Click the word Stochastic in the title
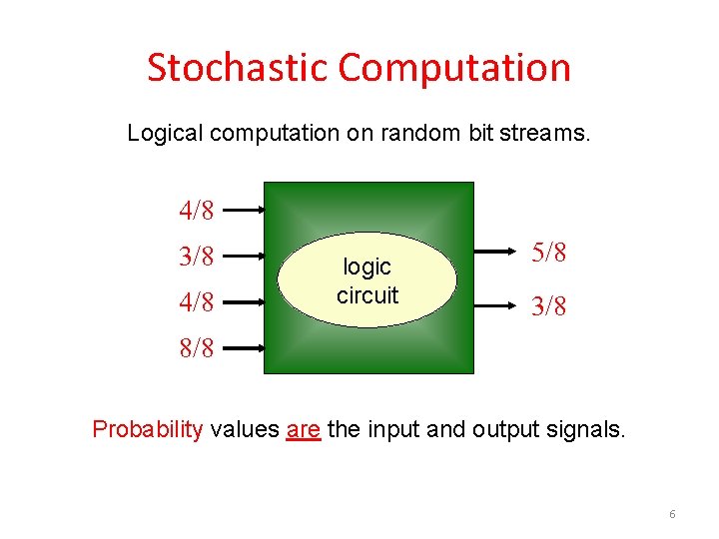[237, 68]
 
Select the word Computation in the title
[454, 68]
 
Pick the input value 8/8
[196, 349]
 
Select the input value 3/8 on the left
[196, 257]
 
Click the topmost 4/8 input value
[196, 211]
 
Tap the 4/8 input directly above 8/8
[196, 301]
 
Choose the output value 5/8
[548, 254]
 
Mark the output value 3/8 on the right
[548, 307]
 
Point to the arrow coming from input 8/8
[243, 348]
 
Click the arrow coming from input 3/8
[243, 257]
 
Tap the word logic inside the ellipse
[366, 268]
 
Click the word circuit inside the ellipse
[366, 295]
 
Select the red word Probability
[148, 430]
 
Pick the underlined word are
[303, 430]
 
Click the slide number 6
[672, 514]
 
